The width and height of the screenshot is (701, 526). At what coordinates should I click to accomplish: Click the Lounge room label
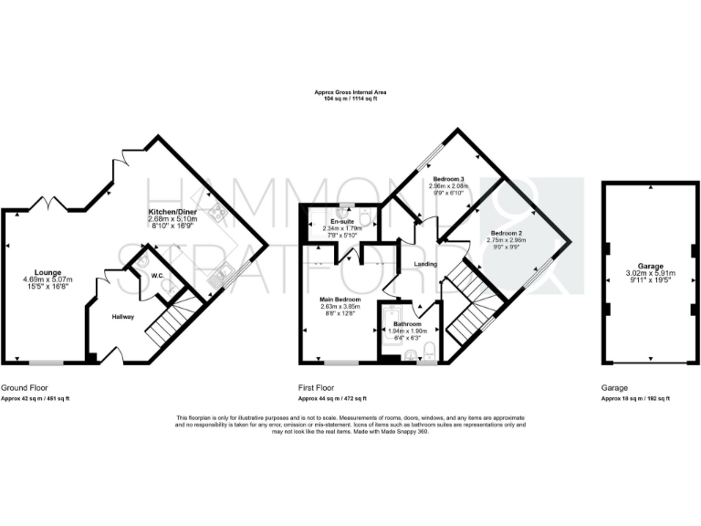(47, 272)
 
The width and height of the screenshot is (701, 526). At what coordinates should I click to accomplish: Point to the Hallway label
(123, 317)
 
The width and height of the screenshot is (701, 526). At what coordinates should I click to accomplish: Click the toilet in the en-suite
(364, 216)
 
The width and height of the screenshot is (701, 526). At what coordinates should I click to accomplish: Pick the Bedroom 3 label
(448, 178)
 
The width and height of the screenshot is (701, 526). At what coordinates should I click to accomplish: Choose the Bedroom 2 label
(505, 234)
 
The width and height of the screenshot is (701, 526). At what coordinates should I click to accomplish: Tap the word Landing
(426, 265)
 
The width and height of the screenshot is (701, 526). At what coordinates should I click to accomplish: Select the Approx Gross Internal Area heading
(350, 92)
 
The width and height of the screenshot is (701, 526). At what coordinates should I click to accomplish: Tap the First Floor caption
(319, 387)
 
